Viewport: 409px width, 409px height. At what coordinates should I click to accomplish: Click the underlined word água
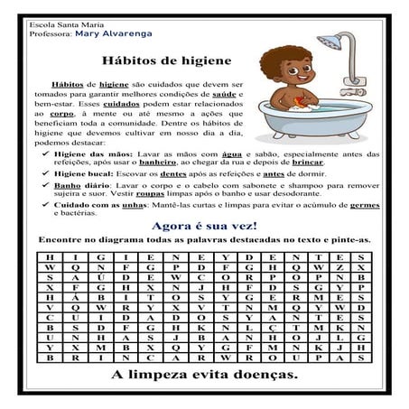click(x=251, y=153)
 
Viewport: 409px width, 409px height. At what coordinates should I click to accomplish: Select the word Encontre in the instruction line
click(x=62, y=241)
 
